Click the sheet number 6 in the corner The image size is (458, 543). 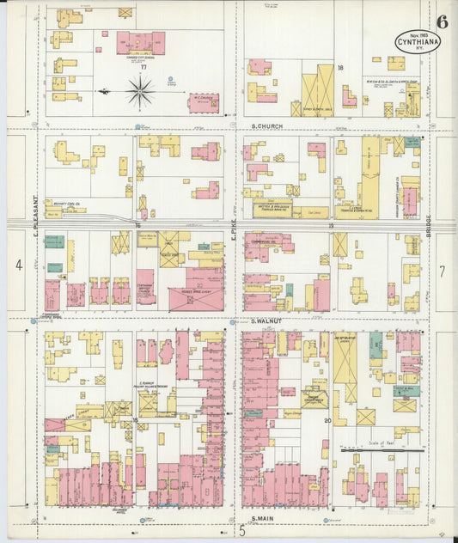tap(441, 22)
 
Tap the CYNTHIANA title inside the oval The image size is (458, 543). tap(418, 40)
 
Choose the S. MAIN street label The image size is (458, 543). tap(263, 519)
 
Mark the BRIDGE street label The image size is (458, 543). tap(427, 210)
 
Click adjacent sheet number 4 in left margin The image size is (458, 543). tap(18, 266)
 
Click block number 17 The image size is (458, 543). tap(144, 66)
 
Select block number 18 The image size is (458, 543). tap(340, 66)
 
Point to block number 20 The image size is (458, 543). tap(327, 420)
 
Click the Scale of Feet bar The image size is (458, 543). tap(381, 448)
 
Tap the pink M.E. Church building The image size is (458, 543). tap(204, 103)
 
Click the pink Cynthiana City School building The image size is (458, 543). tap(140, 43)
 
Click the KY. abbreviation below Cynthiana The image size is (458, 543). tap(418, 48)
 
